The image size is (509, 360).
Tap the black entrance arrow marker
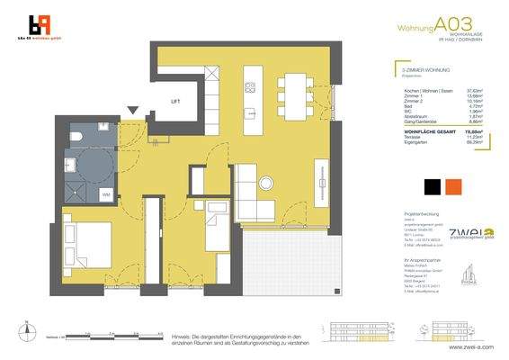click(x=133, y=111)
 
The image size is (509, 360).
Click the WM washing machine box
click(x=105, y=193)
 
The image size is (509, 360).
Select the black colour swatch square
click(x=432, y=186)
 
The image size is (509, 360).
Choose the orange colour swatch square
click(x=455, y=186)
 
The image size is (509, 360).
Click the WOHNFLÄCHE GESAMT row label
click(x=403, y=130)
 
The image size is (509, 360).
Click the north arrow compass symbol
click(x=27, y=333)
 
